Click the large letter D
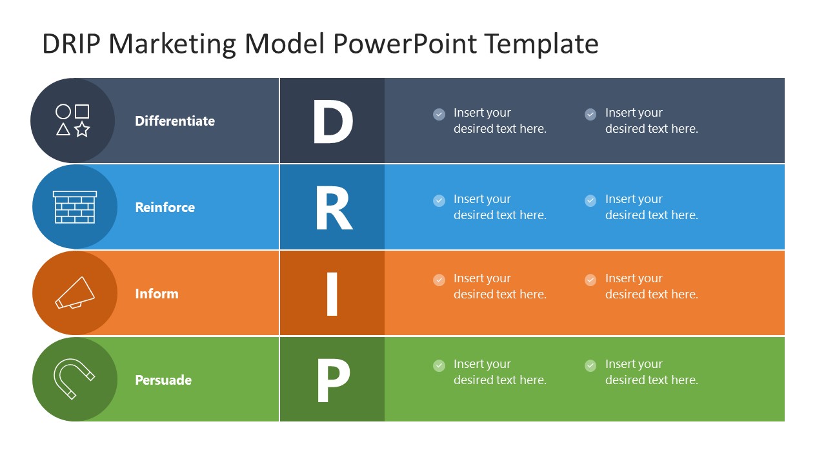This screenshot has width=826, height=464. pos(332,121)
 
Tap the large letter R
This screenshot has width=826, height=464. pos(333,208)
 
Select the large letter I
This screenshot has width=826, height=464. pos(332,294)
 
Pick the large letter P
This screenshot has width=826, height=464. pos(332,380)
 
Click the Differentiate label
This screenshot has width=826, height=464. pos(175,121)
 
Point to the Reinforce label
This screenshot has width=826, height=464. pos(165,208)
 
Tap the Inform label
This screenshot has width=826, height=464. pos(156,294)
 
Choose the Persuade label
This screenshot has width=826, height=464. pos(163,380)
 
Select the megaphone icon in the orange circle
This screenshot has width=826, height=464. pos(75,293)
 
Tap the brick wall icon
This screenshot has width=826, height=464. pos(75,207)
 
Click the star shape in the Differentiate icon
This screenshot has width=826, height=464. pos(82,130)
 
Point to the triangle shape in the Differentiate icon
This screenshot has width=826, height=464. pos(63,130)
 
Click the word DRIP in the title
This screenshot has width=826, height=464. pos(70,44)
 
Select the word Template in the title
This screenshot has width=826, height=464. pos(541,44)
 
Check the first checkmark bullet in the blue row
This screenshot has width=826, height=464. pos(439,200)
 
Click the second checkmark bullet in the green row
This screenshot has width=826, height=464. pos(590,365)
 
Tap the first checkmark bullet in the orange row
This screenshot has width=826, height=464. pos(439,280)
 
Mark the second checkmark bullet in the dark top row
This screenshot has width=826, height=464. pos(590,114)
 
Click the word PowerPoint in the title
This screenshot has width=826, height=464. pos(405,44)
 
